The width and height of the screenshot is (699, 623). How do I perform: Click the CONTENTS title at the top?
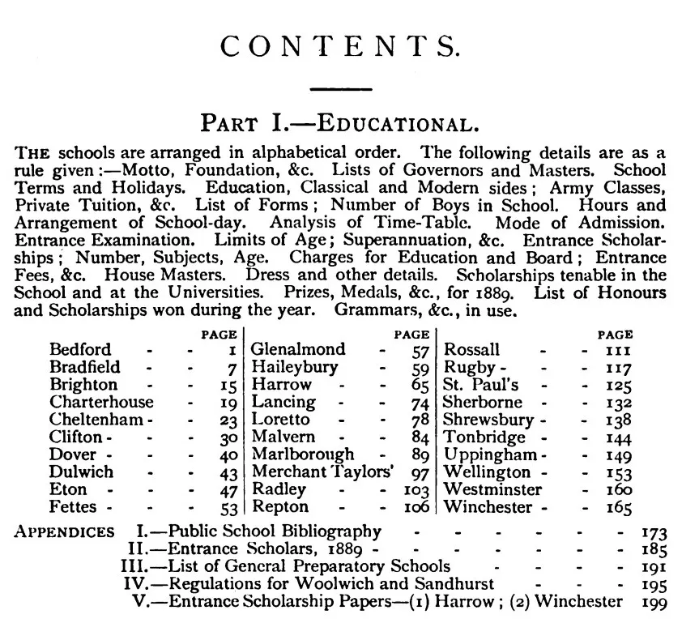[x=341, y=47]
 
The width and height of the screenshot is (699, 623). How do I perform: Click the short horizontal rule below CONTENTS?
[x=341, y=88]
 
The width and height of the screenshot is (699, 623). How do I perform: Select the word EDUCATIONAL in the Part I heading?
[x=394, y=124]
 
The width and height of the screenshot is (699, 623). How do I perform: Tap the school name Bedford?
[x=80, y=350]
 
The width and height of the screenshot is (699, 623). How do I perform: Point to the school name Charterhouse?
[x=101, y=403]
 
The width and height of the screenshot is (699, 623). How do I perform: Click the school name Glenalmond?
[x=297, y=350]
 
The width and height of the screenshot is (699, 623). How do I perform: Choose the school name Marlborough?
[x=303, y=455]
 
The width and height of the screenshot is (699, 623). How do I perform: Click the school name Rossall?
[x=471, y=350]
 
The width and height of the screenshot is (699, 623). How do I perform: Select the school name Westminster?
[x=492, y=491]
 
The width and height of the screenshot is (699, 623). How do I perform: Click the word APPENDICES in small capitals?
[x=65, y=532]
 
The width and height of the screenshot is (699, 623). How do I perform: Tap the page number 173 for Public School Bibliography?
[x=653, y=533]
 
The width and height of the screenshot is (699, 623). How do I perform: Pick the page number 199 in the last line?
[x=654, y=602]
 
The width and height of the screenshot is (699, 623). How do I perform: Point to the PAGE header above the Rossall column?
[x=615, y=334]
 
